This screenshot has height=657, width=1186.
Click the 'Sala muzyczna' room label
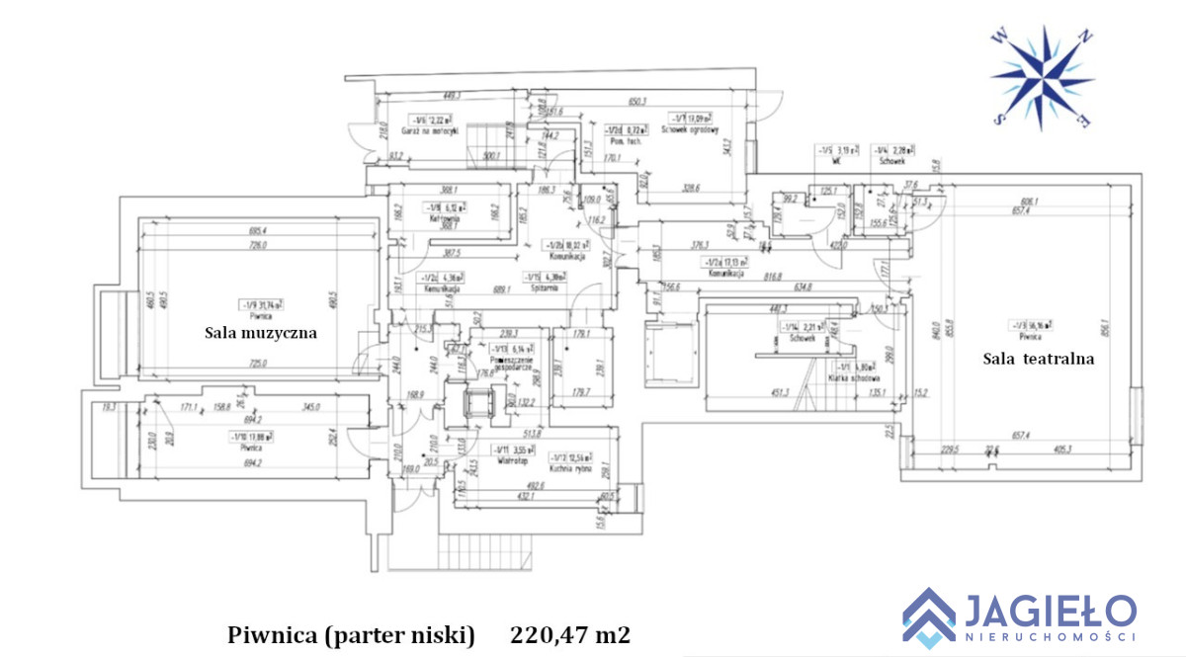pyautogui.click(x=261, y=333)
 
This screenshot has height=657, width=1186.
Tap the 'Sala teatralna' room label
pyautogui.click(x=1038, y=359)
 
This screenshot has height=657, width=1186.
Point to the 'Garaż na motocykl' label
pyautogui.click(x=425, y=131)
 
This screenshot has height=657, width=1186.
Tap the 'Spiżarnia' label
pyautogui.click(x=542, y=288)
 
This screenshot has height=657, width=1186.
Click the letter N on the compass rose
pyautogui.click(x=1085, y=38)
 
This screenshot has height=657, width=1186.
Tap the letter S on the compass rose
pyautogui.click(x=999, y=118)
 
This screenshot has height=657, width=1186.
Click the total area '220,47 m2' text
pyautogui.click(x=570, y=633)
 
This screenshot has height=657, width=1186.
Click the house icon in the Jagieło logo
pyautogui.click(x=929, y=615)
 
